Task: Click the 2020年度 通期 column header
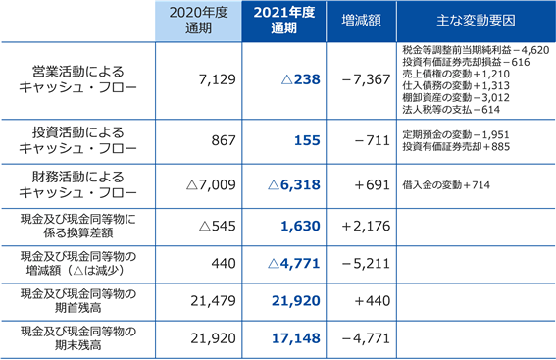pos(198,21)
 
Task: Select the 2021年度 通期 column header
pos(284,21)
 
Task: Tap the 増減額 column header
pos(361,21)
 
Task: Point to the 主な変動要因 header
pos(476,21)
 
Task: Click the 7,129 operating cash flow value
pos(218,79)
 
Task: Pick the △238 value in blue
pos(301,79)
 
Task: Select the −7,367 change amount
pos(367,79)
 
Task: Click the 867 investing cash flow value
pos(224,140)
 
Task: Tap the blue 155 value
pos(308,140)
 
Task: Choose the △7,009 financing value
pos(211,184)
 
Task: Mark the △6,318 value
pos(294,184)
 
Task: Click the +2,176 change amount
pos(366,226)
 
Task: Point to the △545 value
pos(218,226)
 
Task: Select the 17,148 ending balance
pos(296,338)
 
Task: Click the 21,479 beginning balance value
pos(213,301)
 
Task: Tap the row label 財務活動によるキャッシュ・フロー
pos(78,184)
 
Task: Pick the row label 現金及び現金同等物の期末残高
pos(78,338)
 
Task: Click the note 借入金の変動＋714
pos(446,185)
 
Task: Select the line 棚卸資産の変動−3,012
pos(456,97)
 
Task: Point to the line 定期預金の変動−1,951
pos(456,134)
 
